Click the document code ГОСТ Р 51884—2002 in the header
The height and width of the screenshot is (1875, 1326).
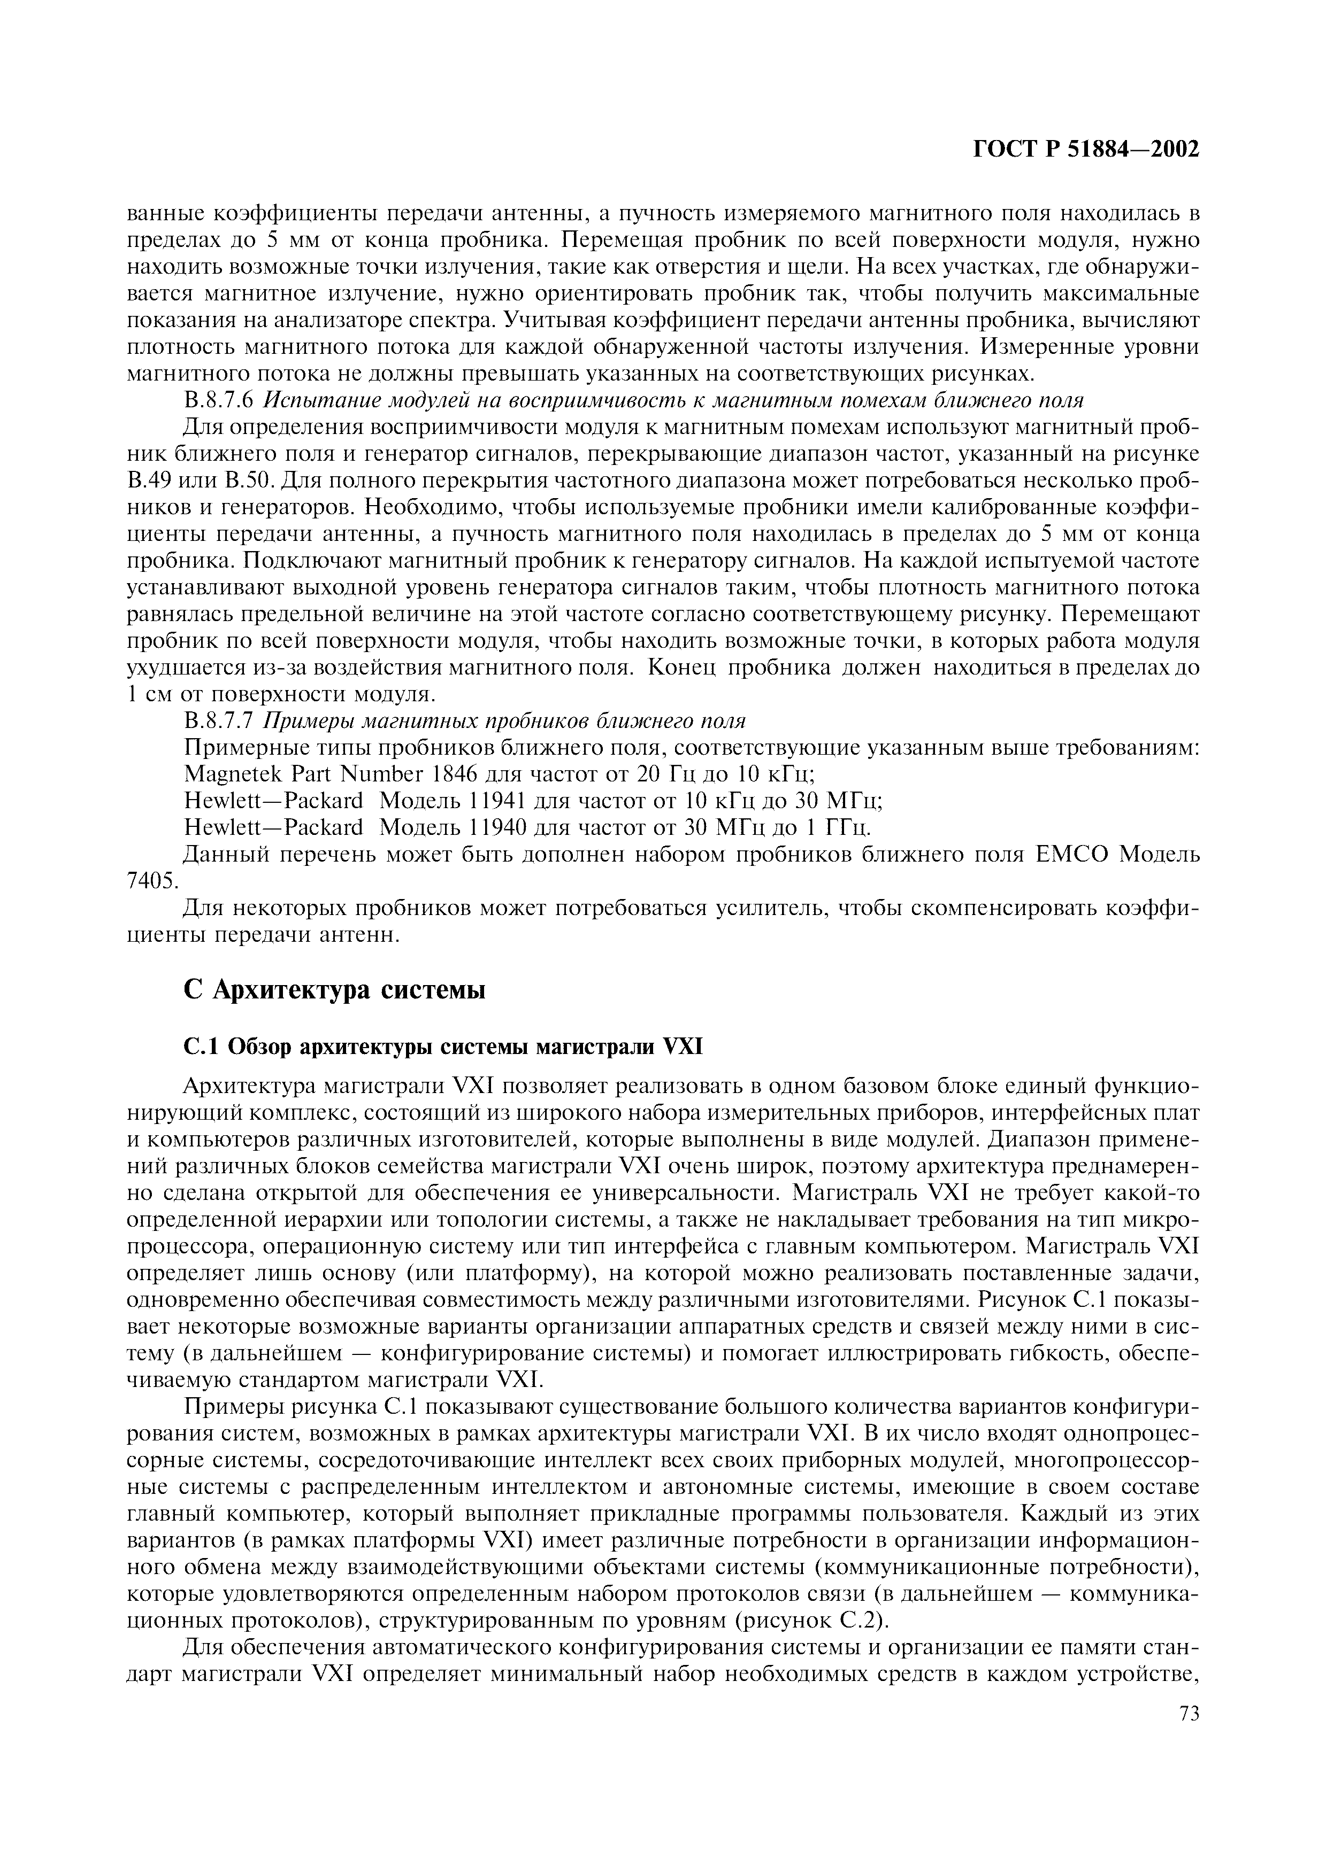click(x=1086, y=150)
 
